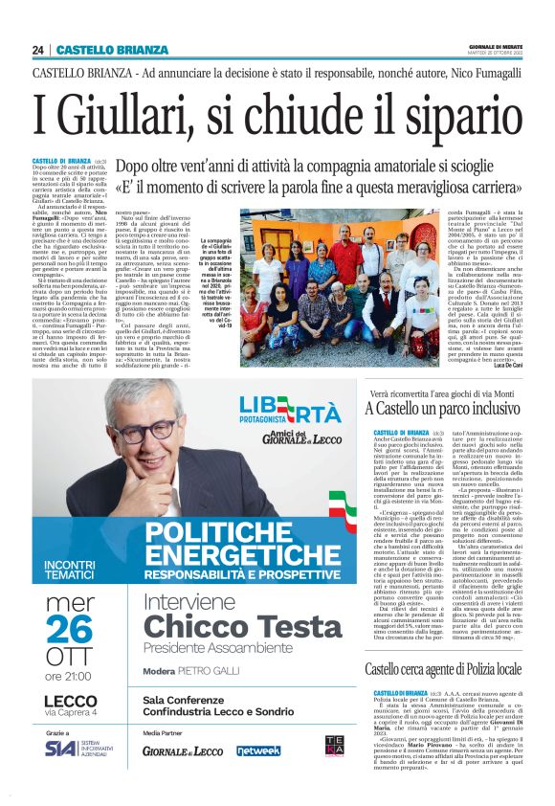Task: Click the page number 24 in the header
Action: tap(38, 50)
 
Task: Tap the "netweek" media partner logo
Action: tap(258, 750)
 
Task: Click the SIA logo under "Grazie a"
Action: tap(59, 748)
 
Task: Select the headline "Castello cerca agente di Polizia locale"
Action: tap(443, 667)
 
